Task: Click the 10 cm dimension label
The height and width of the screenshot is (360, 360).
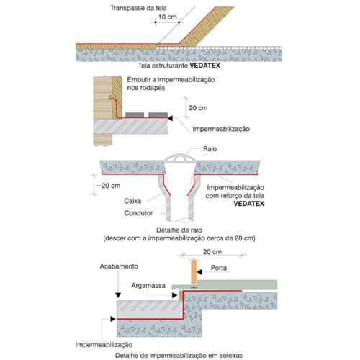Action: click(x=168, y=17)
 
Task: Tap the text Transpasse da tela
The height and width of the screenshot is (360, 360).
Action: click(x=138, y=8)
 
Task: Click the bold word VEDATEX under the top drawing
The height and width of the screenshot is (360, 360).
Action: click(x=204, y=66)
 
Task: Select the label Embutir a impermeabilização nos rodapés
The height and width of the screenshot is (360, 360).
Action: click(x=171, y=84)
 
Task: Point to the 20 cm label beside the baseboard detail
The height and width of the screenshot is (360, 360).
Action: click(x=198, y=108)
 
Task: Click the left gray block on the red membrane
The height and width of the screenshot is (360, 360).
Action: click(x=135, y=115)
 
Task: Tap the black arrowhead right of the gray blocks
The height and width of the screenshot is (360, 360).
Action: click(x=170, y=118)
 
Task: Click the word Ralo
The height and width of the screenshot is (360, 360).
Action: click(x=210, y=149)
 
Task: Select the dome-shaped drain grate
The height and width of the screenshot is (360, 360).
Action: click(x=179, y=158)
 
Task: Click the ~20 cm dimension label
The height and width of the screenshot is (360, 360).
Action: click(x=108, y=186)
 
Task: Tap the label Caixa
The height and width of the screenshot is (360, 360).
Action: click(x=132, y=201)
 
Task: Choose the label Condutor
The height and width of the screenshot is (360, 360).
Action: click(x=138, y=213)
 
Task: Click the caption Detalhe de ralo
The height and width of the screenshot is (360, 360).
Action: click(x=179, y=230)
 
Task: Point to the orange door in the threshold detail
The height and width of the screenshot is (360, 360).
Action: click(x=194, y=271)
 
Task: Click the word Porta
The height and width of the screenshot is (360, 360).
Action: click(x=219, y=268)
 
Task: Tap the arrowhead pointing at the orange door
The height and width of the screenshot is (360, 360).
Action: click(x=199, y=272)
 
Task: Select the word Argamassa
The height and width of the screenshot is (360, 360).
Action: click(x=148, y=286)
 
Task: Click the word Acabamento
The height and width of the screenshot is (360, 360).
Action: click(x=119, y=266)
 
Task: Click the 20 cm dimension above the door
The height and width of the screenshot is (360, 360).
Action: click(x=212, y=252)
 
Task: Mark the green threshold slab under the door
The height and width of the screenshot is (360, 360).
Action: click(x=225, y=285)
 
